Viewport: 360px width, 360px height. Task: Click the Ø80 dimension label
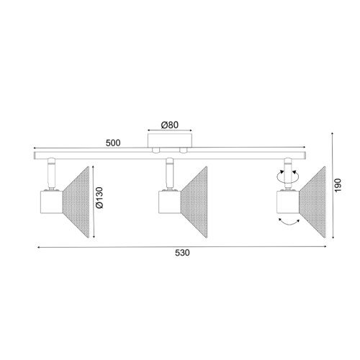coord(169,125)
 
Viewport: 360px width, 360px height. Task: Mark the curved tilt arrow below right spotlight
coord(289,226)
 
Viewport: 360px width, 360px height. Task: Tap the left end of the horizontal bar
coord(35,155)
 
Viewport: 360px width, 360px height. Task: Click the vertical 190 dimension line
coord(335,187)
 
